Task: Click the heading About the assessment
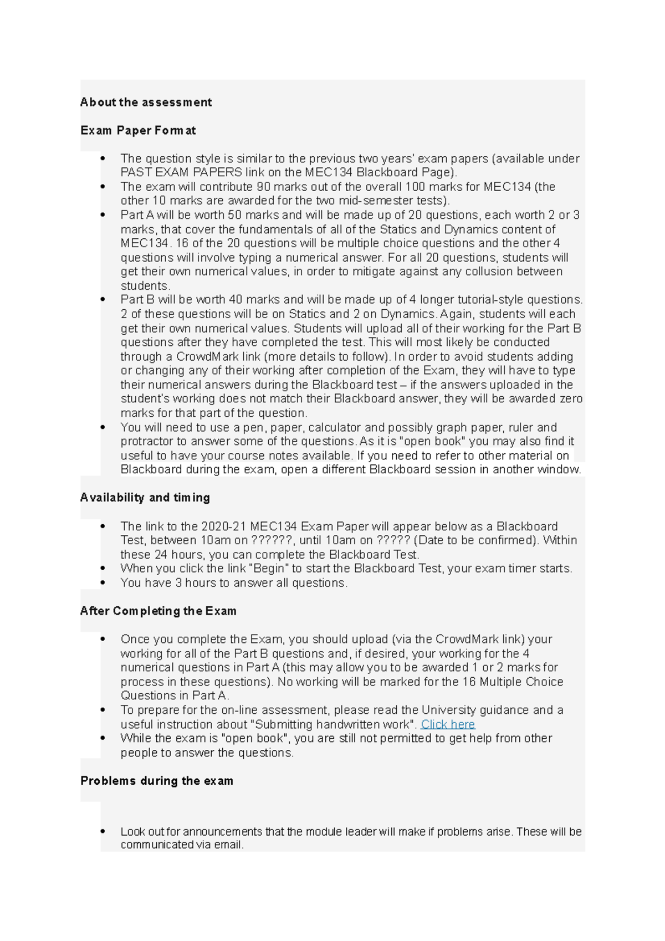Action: click(146, 102)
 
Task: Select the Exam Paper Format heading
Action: click(138, 130)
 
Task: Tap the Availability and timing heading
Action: click(145, 498)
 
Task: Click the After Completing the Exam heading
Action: click(158, 611)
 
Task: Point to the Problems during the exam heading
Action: click(157, 781)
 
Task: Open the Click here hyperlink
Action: click(448, 724)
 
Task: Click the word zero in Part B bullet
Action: click(572, 399)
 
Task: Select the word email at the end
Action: click(228, 845)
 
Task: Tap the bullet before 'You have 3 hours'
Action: click(103, 583)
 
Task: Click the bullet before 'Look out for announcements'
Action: click(103, 831)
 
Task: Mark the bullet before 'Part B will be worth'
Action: click(103, 300)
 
